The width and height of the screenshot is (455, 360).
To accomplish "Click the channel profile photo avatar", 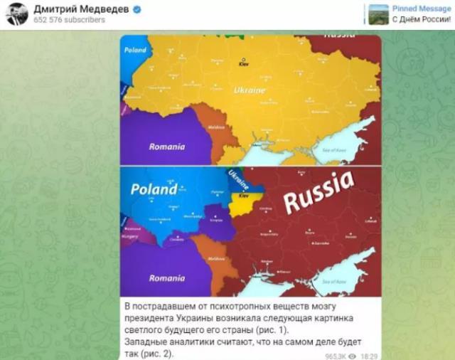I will pos(16,14).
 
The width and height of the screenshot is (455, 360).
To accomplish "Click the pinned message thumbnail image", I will pos(379,14).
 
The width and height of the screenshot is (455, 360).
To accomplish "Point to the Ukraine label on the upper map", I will pos(249,90).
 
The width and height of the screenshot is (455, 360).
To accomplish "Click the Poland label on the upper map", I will pos(135,51).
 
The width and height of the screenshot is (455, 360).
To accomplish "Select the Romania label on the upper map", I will pos(166,147).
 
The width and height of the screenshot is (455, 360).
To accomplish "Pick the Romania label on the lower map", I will pos(166,278).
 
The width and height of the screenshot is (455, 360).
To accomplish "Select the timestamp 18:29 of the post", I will pos(368,353).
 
